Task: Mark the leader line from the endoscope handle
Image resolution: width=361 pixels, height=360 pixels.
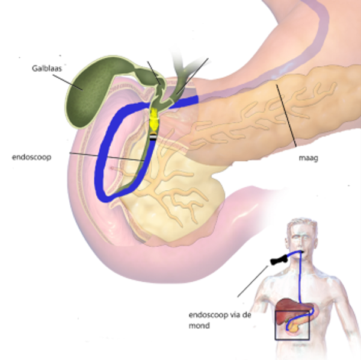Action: (x=250, y=281)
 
